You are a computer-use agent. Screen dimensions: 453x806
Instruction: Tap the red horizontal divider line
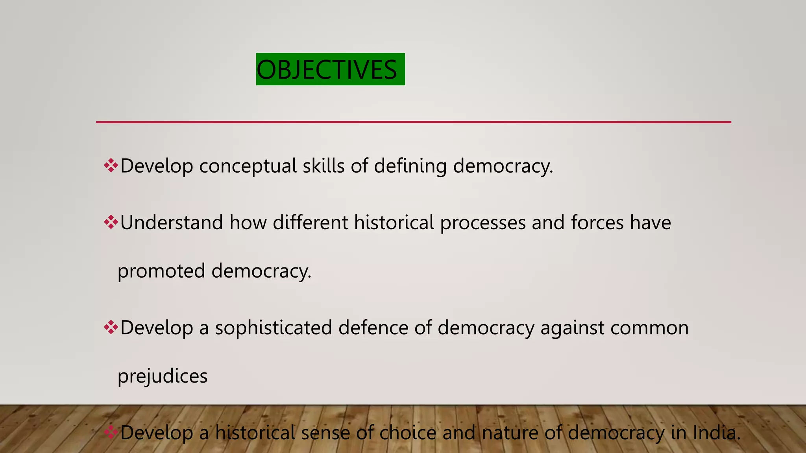pyautogui.click(x=413, y=122)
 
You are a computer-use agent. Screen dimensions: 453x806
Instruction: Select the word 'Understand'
pyautogui.click(x=172, y=223)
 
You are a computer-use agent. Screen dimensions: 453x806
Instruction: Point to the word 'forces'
pyautogui.click(x=597, y=223)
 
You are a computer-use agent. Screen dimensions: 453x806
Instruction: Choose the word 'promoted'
pyautogui.click(x=161, y=271)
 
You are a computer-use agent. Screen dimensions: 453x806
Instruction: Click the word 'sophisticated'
pyautogui.click(x=273, y=328)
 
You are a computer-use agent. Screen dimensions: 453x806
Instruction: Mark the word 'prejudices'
pyautogui.click(x=163, y=376)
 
